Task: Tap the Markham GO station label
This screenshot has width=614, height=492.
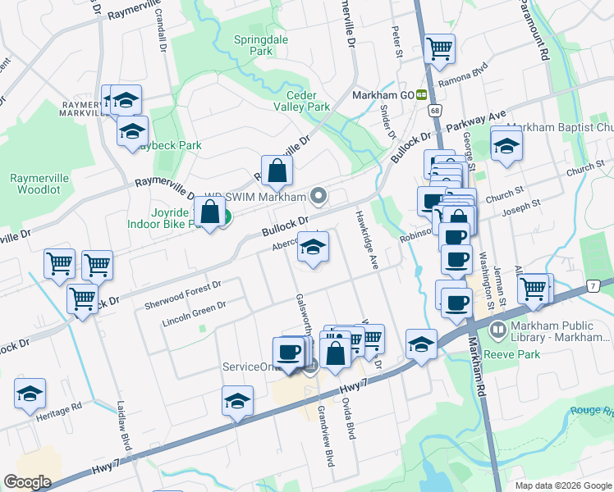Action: click(382, 95)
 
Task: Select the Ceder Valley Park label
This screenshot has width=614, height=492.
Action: click(301, 101)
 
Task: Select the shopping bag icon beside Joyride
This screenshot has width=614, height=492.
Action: click(211, 212)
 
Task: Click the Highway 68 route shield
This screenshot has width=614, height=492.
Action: click(434, 110)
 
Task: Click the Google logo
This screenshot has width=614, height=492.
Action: click(27, 482)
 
